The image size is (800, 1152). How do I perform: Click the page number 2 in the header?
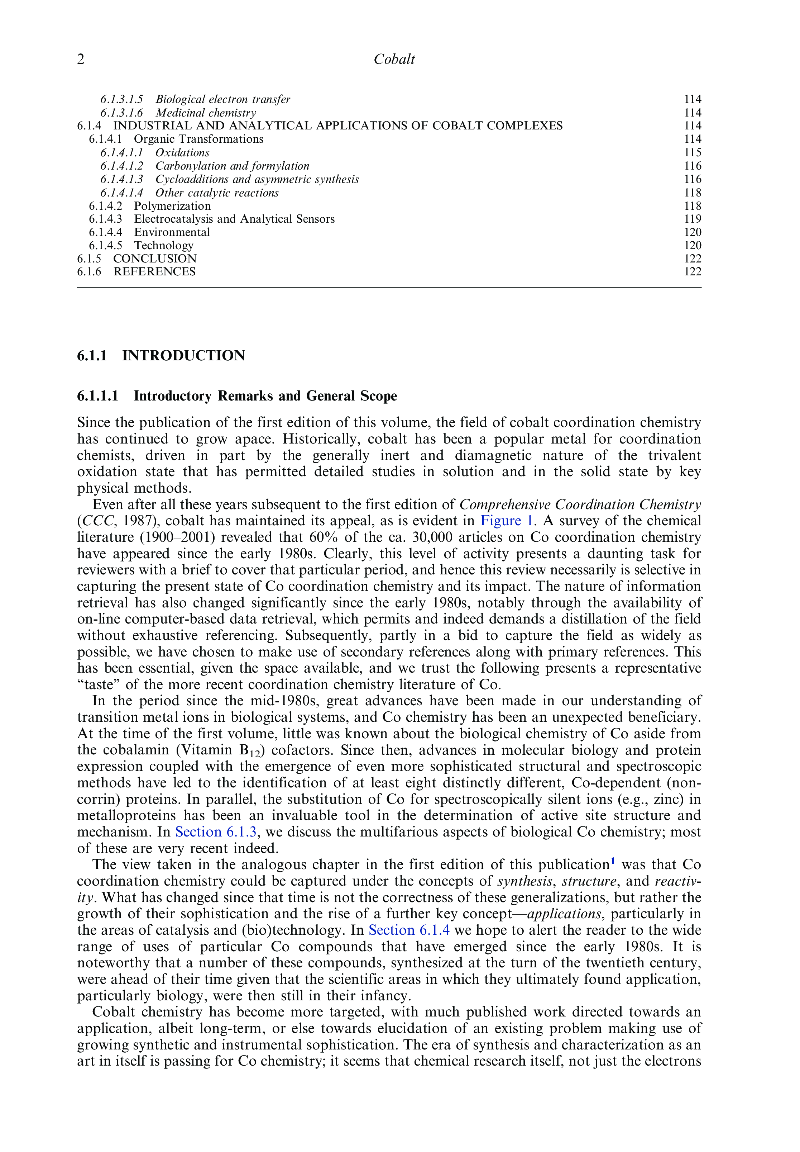tap(81, 60)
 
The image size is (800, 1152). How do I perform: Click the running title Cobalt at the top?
tap(394, 60)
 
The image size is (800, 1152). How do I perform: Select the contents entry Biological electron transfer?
tap(222, 99)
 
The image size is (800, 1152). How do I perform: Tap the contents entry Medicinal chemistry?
tap(206, 113)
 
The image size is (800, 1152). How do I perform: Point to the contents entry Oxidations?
tap(182, 152)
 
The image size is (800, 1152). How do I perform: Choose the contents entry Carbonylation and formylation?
tap(232, 166)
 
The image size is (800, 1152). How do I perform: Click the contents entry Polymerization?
tap(172, 206)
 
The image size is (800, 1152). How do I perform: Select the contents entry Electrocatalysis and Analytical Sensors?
tap(234, 219)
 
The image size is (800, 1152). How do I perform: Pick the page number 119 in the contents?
tap(693, 219)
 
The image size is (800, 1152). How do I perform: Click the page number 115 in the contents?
tap(693, 152)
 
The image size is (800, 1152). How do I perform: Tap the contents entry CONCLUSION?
tap(154, 259)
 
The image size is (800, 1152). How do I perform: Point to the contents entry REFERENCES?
tap(154, 272)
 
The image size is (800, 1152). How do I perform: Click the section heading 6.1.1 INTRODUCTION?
tap(161, 356)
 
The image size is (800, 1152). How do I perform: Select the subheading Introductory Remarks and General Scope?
tap(265, 396)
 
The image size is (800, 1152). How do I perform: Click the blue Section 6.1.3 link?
tap(216, 832)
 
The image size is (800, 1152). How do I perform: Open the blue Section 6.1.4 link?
tap(409, 930)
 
